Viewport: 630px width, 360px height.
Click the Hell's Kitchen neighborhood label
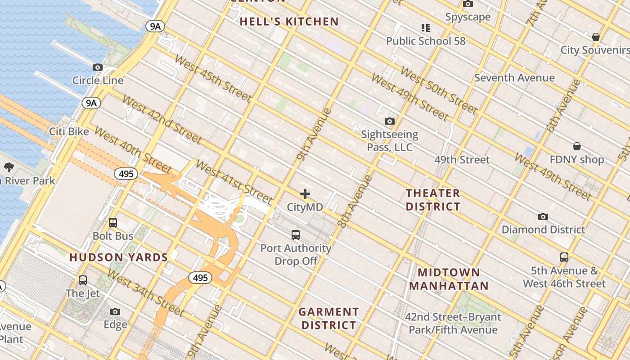289,22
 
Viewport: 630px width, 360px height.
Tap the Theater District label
433,200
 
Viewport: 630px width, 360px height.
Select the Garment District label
328,318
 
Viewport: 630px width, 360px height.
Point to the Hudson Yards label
118,257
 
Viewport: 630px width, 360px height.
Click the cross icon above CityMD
305,194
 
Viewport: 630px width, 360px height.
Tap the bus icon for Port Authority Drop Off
295,234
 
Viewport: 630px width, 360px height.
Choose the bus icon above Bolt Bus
113,223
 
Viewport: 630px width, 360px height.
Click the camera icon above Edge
115,311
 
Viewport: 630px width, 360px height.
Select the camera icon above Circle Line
98,67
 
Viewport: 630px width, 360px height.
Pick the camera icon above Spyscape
468,4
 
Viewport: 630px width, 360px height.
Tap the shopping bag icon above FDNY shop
577,146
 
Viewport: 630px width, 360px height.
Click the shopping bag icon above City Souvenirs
596,37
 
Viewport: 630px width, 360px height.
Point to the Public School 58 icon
426,28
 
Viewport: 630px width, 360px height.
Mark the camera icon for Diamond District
543,216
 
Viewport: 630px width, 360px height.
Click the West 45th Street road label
212,78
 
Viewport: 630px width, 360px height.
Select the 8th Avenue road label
355,201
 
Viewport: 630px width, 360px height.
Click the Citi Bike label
69,132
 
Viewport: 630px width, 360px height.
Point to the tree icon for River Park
9,168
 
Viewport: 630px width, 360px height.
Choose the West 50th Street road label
438,90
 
